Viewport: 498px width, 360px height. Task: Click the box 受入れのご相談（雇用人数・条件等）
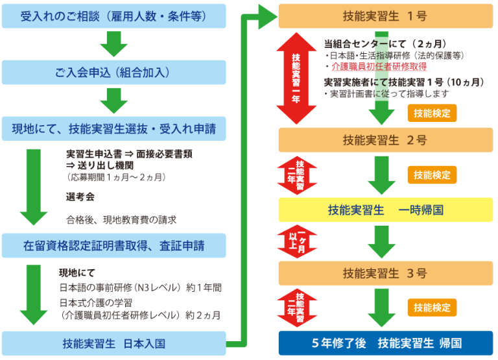[113, 16]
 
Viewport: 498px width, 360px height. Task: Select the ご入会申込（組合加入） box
[113, 72]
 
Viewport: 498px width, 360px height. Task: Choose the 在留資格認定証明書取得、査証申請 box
[113, 246]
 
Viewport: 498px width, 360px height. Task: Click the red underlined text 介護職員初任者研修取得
[379, 66]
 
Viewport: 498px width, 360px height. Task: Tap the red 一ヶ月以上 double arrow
[296, 241]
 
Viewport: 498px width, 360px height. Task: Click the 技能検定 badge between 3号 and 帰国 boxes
[432, 307]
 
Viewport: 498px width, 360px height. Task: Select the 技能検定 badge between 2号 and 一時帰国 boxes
[432, 174]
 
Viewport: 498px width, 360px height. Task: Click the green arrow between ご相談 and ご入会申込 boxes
[113, 44]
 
